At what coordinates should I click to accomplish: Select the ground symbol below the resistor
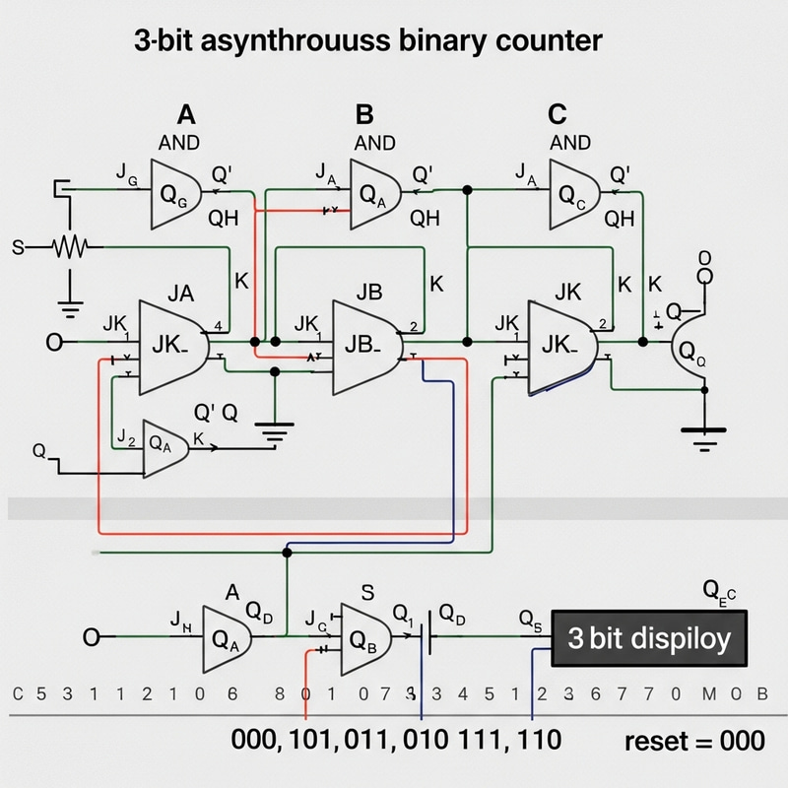click(x=70, y=307)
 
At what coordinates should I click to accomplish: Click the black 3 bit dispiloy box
click(x=649, y=638)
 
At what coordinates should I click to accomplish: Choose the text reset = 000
click(x=694, y=741)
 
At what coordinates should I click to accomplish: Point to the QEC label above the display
click(x=719, y=590)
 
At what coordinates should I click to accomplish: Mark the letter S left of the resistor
click(x=17, y=247)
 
